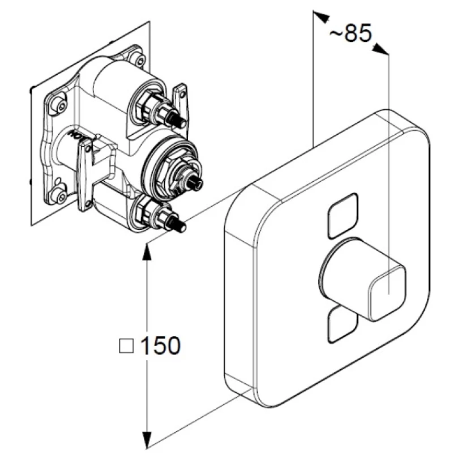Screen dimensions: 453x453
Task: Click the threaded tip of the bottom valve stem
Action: point(180,226)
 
